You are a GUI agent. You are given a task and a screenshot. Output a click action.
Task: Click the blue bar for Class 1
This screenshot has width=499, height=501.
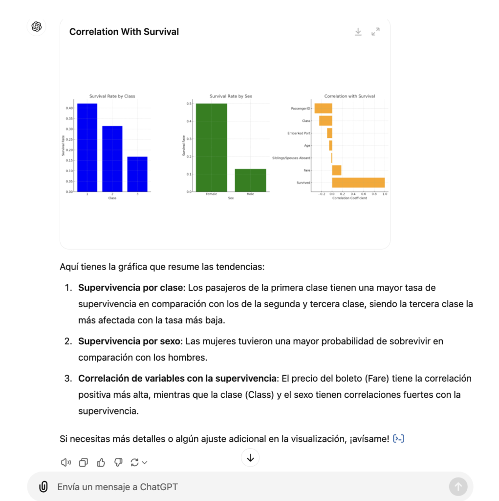tap(87, 147)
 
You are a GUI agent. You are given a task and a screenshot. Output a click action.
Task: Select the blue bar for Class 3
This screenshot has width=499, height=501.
tap(137, 174)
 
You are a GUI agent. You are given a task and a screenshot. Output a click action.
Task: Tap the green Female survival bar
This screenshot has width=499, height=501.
tap(211, 147)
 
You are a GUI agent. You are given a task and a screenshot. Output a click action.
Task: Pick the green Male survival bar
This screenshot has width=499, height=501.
tap(250, 180)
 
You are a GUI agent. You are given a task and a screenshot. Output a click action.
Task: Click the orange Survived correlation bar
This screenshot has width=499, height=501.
tap(358, 182)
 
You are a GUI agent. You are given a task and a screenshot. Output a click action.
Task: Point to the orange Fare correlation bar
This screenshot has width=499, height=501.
tap(336, 170)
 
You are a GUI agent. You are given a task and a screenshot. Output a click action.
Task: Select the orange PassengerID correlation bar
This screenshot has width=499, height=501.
tap(323, 109)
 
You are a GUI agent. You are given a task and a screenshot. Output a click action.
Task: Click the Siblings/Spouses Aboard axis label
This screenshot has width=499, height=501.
tap(291, 158)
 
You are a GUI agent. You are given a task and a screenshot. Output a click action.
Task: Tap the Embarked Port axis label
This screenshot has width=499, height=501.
tap(299, 133)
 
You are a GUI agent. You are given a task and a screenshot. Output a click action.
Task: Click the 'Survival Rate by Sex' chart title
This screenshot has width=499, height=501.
tap(231, 96)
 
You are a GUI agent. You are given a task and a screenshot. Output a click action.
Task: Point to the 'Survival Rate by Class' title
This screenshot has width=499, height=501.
tap(112, 96)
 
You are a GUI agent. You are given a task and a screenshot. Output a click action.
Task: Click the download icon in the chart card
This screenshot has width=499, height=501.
tap(358, 32)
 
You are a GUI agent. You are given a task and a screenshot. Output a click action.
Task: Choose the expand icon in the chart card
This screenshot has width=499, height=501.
tap(375, 32)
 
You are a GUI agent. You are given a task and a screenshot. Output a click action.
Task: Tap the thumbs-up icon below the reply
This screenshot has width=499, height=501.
tap(101, 462)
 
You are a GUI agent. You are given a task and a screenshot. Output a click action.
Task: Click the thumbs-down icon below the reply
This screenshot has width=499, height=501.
tap(118, 462)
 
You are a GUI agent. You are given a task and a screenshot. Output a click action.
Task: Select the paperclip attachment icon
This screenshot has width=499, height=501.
tap(43, 487)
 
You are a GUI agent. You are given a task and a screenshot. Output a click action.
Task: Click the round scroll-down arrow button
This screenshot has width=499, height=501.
tap(250, 458)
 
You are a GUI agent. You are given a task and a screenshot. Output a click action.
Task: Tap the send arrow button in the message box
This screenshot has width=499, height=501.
tap(458, 487)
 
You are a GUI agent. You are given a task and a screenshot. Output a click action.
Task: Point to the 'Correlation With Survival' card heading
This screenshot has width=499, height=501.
tap(124, 32)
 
